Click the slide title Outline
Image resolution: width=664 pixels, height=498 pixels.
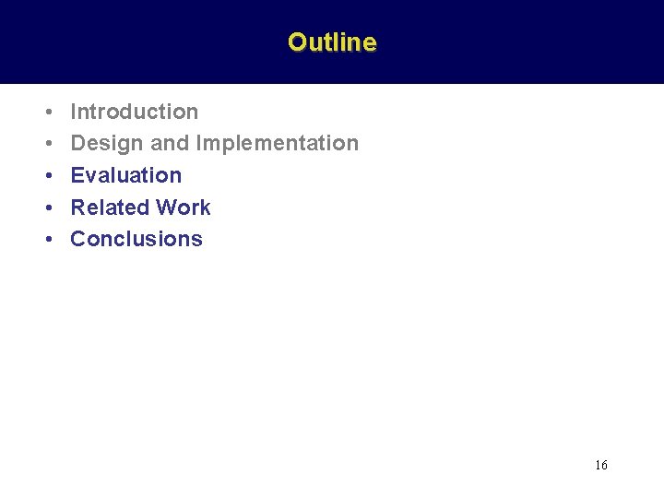[332, 42]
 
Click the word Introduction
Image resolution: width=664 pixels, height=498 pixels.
[135, 112]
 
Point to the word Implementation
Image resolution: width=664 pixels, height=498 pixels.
[278, 143]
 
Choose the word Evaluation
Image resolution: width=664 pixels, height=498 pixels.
[126, 175]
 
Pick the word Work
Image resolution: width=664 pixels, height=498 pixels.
[184, 207]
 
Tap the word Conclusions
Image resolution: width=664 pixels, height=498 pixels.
[136, 239]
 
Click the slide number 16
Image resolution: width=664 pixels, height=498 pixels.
[601, 466]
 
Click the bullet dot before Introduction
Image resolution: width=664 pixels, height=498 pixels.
[46, 113]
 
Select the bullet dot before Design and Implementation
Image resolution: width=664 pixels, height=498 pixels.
[46, 144]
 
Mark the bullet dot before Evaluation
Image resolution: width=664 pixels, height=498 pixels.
[46, 176]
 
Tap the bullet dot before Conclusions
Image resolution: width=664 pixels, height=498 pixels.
[46, 240]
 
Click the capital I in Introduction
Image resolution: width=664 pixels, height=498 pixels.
[74, 112]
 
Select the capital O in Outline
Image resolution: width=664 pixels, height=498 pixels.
[297, 42]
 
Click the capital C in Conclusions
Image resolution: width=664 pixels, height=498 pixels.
[78, 239]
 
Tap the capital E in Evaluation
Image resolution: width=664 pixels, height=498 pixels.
[77, 175]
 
